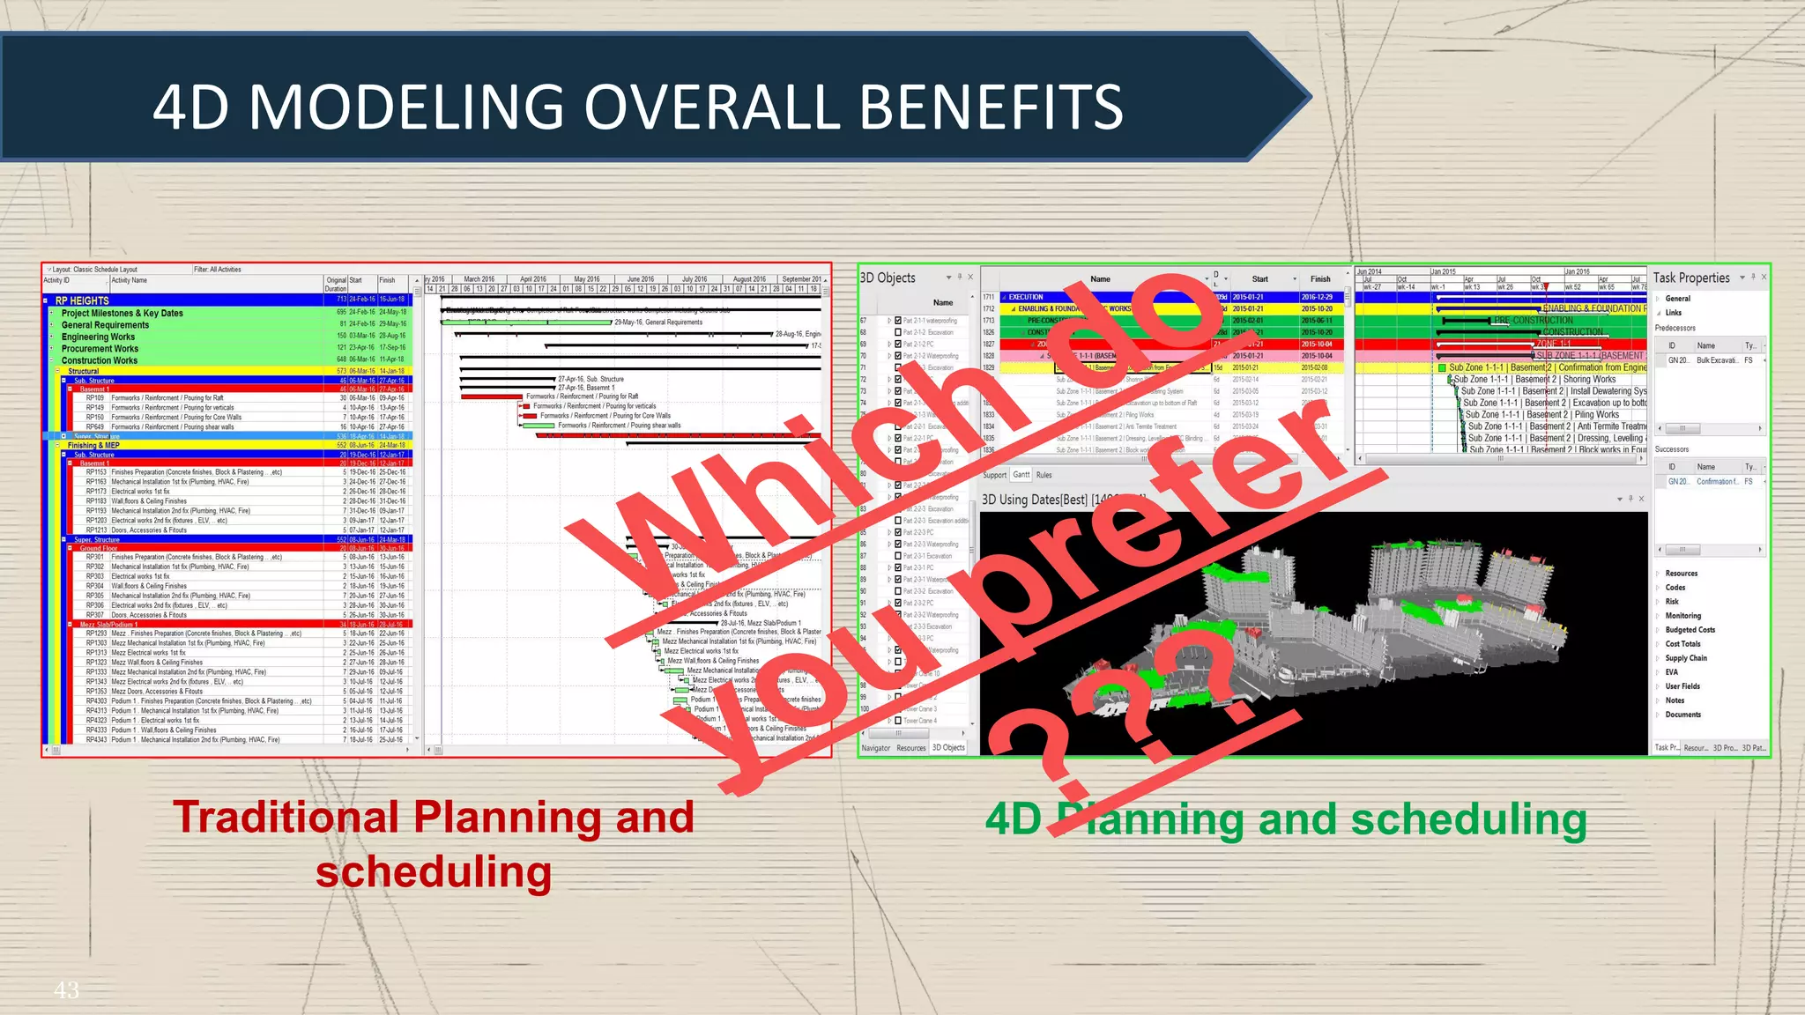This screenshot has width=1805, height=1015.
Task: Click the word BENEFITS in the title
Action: tap(991, 107)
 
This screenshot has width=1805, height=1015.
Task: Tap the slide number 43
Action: tap(67, 990)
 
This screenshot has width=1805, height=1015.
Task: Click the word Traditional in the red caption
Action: tap(286, 817)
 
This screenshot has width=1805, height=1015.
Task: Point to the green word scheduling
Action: tap(1468, 819)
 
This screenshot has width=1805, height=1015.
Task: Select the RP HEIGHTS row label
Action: tap(82, 300)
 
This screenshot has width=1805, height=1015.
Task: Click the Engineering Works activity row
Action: tap(98, 337)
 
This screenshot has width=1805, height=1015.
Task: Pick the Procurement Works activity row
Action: tap(100, 349)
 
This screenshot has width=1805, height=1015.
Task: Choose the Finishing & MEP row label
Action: tap(93, 445)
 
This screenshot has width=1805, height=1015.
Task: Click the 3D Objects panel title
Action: tap(888, 278)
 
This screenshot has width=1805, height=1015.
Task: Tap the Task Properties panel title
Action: tap(1691, 278)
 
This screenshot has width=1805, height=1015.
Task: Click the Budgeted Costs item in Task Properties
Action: tap(1690, 630)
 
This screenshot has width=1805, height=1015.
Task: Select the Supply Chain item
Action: tap(1686, 658)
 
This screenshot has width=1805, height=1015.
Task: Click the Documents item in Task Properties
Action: tap(1682, 715)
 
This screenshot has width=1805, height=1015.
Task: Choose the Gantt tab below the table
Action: tap(1021, 475)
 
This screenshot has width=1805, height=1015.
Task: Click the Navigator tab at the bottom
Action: tap(876, 748)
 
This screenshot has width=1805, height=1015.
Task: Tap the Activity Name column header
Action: tap(130, 280)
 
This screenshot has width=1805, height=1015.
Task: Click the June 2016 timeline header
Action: tap(641, 279)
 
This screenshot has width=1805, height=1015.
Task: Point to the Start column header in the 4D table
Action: tap(1260, 279)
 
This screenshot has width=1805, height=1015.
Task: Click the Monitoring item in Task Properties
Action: tap(1682, 616)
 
